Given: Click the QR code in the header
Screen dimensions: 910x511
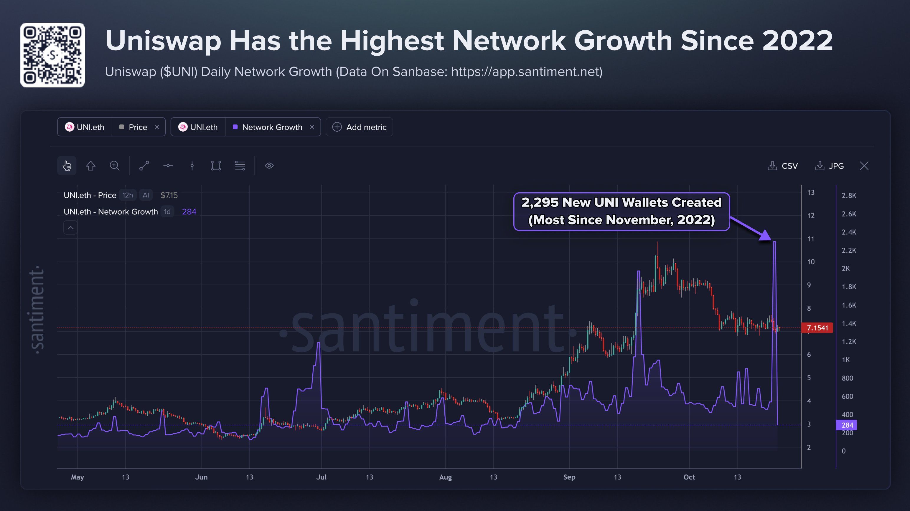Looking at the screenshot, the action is (x=53, y=55).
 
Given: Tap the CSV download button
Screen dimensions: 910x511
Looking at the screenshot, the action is (x=783, y=166).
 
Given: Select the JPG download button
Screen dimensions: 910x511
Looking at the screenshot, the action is (x=830, y=166).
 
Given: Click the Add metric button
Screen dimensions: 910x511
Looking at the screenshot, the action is (x=359, y=127).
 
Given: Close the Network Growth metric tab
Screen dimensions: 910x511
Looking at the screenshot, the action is (x=312, y=127).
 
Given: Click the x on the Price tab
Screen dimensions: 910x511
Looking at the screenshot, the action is (x=157, y=127).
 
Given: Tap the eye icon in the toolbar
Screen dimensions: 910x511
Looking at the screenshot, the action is (x=269, y=166).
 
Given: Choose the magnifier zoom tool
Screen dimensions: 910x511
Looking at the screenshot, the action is (x=114, y=166).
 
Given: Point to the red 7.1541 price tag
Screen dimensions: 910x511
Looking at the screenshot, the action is (x=817, y=328).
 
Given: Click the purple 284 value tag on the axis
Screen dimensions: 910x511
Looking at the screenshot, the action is (x=846, y=425).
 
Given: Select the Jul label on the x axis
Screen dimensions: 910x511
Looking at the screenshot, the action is (x=322, y=477).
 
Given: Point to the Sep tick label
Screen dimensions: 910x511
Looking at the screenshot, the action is (x=569, y=477).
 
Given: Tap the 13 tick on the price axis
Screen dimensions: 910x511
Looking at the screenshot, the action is (x=811, y=192).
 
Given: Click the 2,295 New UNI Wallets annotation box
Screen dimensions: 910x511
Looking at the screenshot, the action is (x=622, y=211).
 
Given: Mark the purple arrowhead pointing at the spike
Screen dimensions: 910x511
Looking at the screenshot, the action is (x=766, y=236).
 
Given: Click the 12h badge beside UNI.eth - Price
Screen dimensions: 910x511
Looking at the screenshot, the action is (x=128, y=195).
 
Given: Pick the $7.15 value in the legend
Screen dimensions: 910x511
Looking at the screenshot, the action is (x=169, y=195).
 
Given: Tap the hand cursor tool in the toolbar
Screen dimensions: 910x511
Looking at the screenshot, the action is (x=67, y=166).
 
